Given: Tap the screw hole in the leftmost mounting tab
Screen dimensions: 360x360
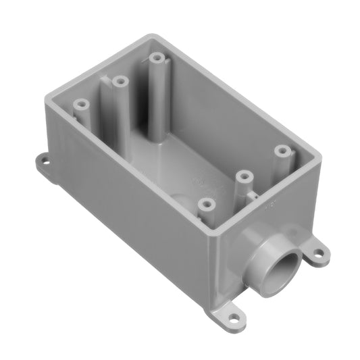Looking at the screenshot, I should point(44,162).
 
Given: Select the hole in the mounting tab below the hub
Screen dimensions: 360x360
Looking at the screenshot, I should point(232,316).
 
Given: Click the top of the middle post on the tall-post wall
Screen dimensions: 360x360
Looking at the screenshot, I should point(120,81).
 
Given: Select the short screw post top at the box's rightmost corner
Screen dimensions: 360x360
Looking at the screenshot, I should point(280,150).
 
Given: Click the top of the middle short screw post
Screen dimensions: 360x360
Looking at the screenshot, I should point(243,176).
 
